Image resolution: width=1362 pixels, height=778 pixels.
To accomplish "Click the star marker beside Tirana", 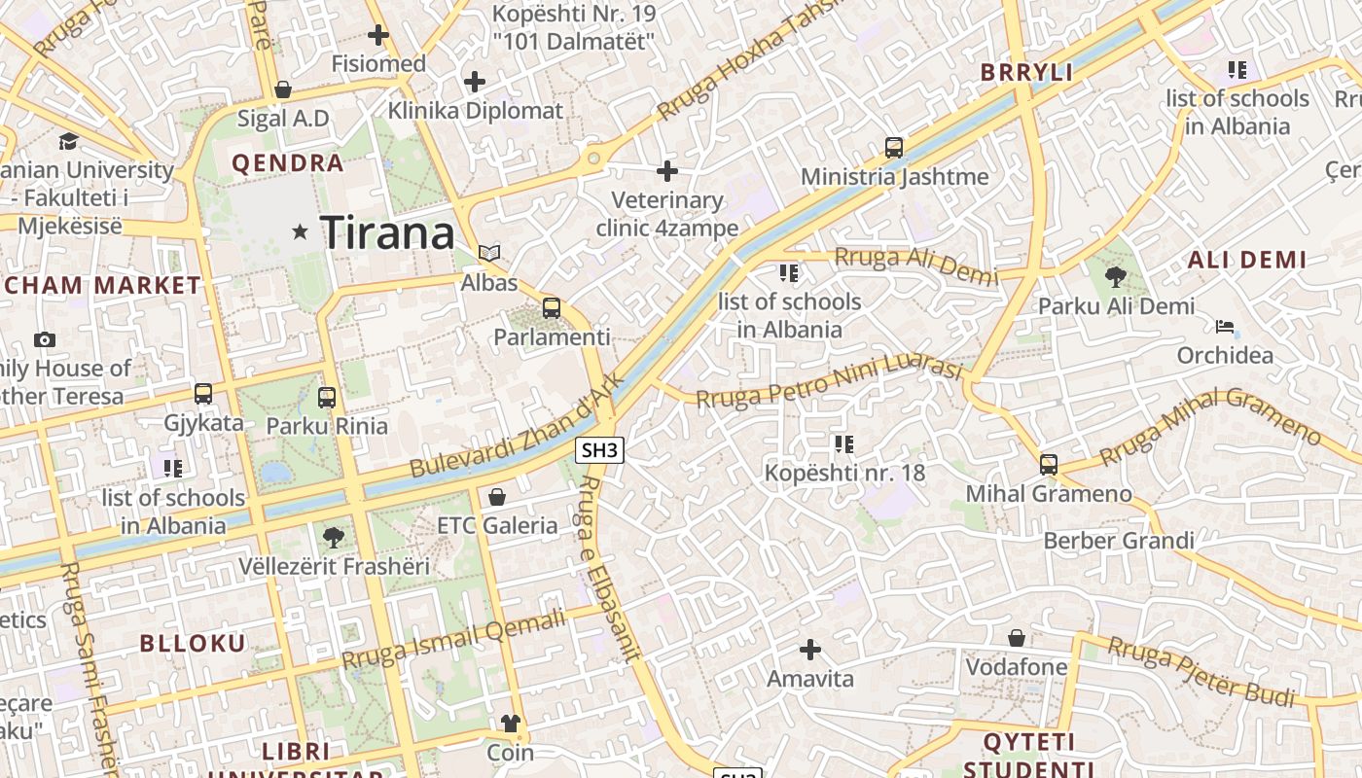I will click(301, 231).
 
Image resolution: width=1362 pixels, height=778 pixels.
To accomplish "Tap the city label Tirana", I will click(387, 232).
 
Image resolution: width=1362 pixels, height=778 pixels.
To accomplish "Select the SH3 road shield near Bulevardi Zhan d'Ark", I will click(599, 449).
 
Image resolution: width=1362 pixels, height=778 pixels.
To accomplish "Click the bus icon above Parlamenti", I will click(552, 308).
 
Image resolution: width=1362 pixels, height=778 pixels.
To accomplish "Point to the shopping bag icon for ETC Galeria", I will click(497, 497).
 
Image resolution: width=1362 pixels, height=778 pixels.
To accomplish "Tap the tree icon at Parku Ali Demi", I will click(1116, 277).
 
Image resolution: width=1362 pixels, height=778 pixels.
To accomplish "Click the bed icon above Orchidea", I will click(1225, 326).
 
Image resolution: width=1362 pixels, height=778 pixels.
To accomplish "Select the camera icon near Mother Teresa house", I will click(44, 339).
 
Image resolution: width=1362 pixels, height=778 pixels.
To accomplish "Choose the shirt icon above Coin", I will click(510, 723).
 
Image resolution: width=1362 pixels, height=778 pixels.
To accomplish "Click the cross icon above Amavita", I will click(809, 649).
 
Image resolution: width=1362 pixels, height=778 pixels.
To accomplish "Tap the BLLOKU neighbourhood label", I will click(193, 643).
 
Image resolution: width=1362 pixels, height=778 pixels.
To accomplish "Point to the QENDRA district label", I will click(288, 162).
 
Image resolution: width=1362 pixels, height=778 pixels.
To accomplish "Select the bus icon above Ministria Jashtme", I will click(894, 148).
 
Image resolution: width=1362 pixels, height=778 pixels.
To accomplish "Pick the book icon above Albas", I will click(488, 253).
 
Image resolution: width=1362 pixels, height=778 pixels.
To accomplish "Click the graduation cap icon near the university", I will click(68, 141).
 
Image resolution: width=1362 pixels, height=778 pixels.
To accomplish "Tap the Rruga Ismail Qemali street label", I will click(453, 638).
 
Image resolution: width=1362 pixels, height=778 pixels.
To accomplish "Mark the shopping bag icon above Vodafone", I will click(1017, 638).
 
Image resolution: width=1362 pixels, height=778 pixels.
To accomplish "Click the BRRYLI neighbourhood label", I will click(1026, 72).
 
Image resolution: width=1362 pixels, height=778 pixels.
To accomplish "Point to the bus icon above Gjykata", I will click(203, 394).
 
